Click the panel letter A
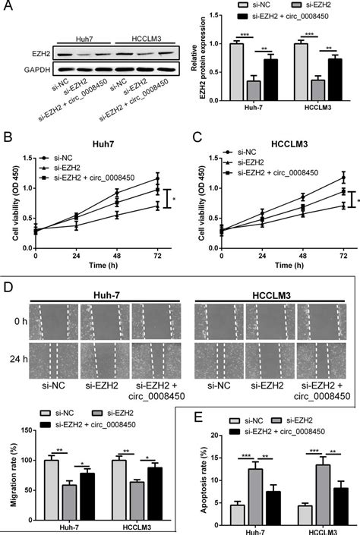8,7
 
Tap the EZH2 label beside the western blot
39,55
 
